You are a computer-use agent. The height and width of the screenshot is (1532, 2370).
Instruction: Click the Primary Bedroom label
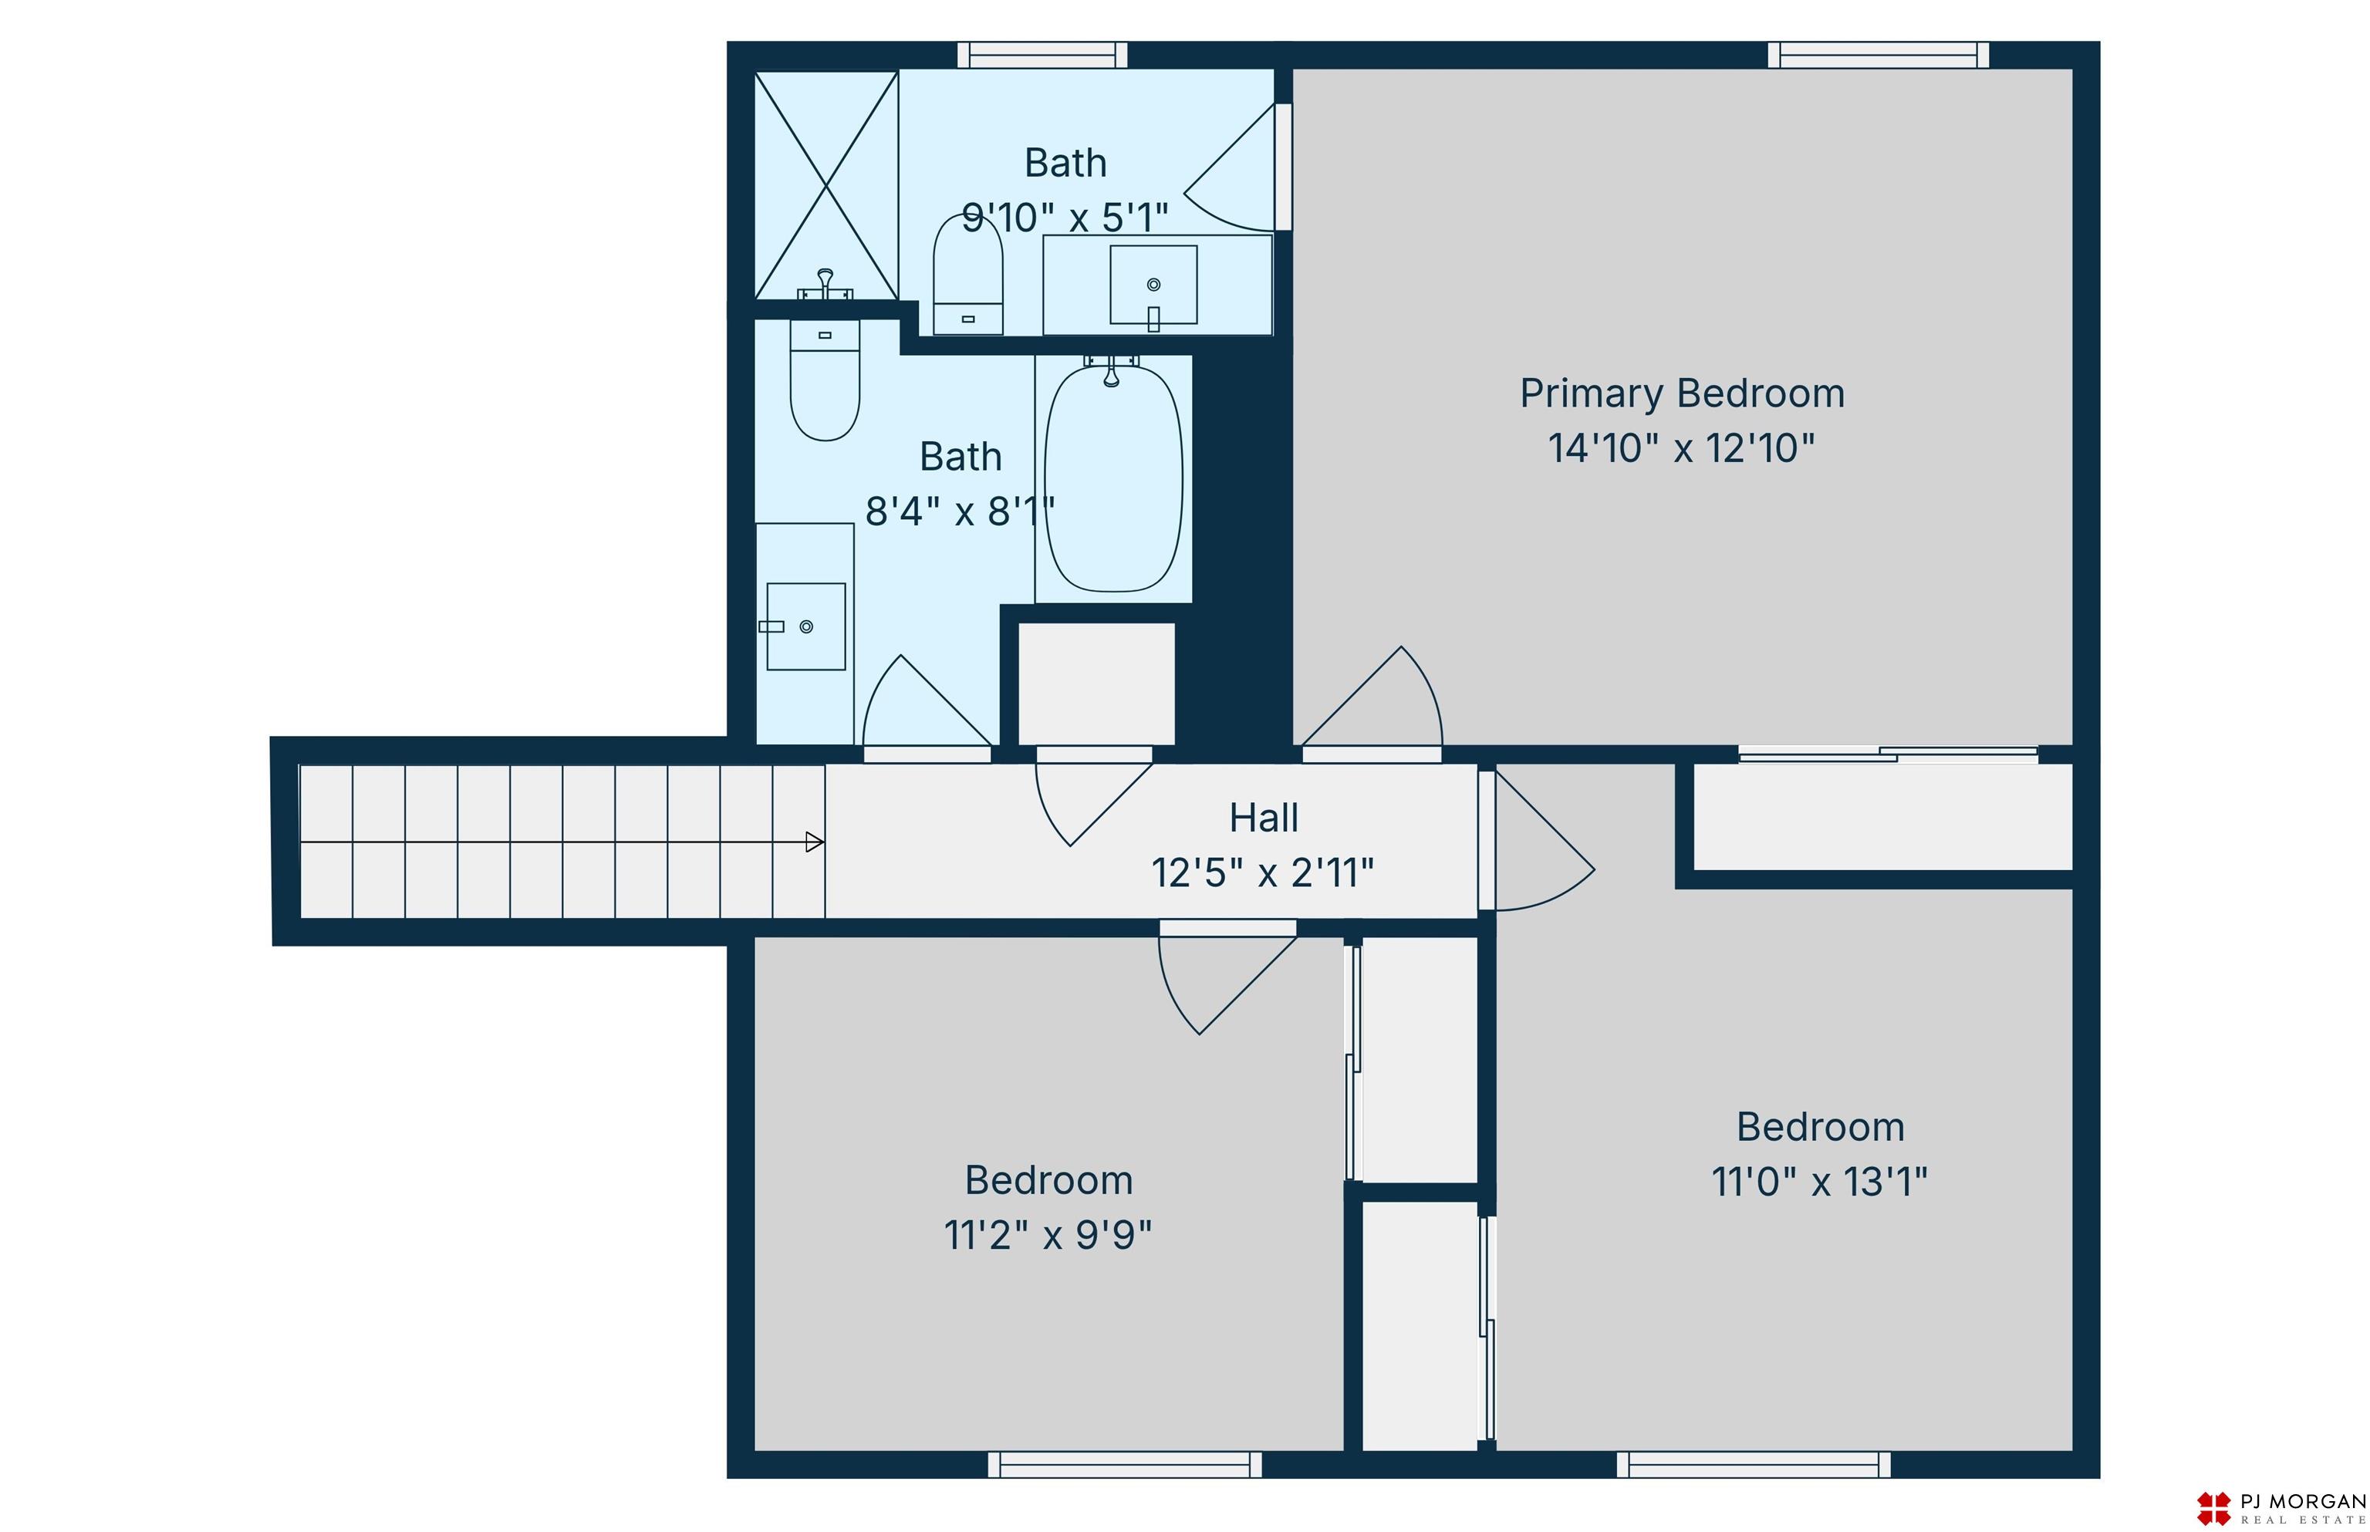pos(1682,394)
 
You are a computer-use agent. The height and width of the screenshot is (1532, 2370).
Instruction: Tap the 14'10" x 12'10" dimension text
pos(1682,449)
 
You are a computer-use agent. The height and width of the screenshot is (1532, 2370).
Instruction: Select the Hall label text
pos(1264,818)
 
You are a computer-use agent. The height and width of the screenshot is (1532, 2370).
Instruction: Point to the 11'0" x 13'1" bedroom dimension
pos(1820,1182)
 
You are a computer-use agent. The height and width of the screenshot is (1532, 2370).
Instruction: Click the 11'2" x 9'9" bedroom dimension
pos(1048,1234)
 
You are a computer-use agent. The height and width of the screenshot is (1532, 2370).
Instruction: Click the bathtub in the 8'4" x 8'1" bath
pos(1113,478)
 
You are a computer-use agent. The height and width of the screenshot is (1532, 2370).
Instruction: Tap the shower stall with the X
pos(825,185)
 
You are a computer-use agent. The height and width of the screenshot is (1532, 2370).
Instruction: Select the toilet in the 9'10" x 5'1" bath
pos(967,275)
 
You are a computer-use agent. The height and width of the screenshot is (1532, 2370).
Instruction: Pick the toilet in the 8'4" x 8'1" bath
pos(825,380)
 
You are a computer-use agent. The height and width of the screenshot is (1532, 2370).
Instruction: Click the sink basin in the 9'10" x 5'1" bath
pos(1153,285)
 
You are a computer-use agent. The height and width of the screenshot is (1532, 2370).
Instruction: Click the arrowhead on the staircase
pos(814,842)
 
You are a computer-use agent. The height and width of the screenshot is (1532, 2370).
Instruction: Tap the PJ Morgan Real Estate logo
pos(2281,1507)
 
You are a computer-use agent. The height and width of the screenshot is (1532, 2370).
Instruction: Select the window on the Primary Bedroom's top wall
pos(1878,55)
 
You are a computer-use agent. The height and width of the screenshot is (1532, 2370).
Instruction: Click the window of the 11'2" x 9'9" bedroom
pos(1124,1464)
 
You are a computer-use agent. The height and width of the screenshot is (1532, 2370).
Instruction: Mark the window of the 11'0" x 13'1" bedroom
pos(1753,1464)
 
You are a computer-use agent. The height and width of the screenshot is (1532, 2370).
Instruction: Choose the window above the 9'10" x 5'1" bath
pos(1042,55)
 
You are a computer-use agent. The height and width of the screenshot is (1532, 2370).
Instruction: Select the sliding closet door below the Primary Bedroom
pos(1888,755)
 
